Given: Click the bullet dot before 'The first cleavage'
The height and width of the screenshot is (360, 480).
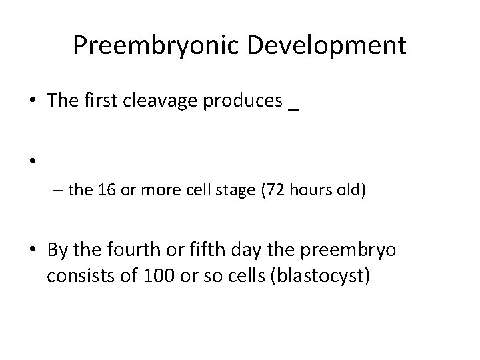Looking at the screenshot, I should pos(31,101).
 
